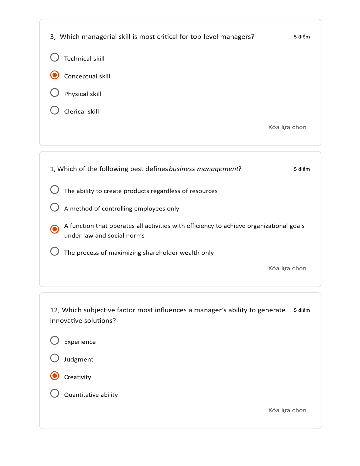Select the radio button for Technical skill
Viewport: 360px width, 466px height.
[x=55, y=57]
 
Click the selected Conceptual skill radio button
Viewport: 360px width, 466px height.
[x=55, y=75]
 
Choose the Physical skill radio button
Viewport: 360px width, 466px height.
[x=55, y=93]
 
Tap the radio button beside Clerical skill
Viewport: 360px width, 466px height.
[x=55, y=110]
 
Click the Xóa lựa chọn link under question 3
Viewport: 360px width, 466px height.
[x=287, y=127]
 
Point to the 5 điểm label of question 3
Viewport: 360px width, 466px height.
[x=302, y=37]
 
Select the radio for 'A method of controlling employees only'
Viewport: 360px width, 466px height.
[x=55, y=207]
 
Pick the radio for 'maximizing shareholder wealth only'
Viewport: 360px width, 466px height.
[x=55, y=251]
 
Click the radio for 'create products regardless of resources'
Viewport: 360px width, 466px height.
[x=55, y=190]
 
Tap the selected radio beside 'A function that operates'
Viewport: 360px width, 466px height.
[x=55, y=229]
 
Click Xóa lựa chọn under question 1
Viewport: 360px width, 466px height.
[x=287, y=268]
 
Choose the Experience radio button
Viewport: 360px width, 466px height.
[x=55, y=340]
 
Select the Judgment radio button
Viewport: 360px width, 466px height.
[x=55, y=358]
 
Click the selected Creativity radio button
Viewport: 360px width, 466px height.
[x=55, y=376]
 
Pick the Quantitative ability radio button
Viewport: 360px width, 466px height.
[x=55, y=393]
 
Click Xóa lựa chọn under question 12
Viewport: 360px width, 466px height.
[x=287, y=410]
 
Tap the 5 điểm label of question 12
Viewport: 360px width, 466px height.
[x=302, y=310]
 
